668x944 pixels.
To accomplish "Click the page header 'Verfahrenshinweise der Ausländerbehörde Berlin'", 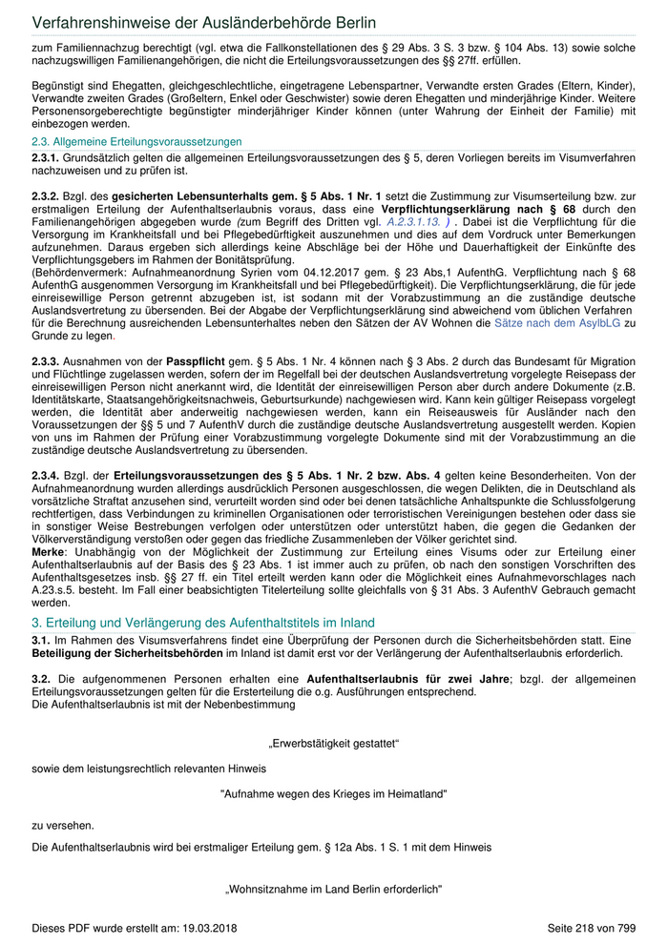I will [x=203, y=22].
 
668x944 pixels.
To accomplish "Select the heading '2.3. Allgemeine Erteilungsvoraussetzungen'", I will [x=136, y=141].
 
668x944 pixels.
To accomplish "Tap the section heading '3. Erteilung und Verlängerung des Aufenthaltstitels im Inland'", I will [x=203, y=623].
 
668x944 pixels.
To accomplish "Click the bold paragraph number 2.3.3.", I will [x=46, y=362].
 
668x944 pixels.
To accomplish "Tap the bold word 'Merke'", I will [x=48, y=552].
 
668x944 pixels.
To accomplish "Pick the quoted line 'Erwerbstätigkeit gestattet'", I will [x=334, y=743].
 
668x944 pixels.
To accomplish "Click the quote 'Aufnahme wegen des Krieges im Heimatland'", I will [x=334, y=793].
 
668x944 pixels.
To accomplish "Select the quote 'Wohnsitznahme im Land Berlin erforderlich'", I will [x=334, y=890].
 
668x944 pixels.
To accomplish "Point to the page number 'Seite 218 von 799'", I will [x=591, y=928].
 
